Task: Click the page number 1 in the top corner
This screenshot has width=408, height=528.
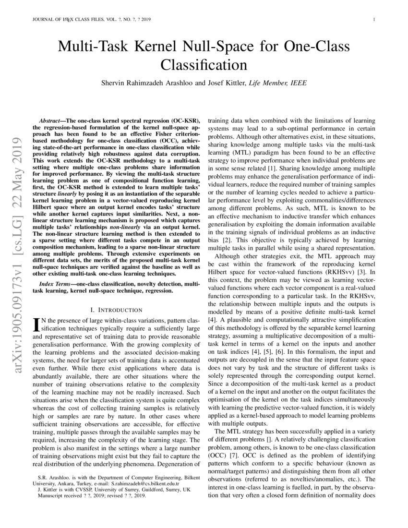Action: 373,20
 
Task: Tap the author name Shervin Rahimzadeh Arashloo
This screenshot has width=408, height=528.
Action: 155,83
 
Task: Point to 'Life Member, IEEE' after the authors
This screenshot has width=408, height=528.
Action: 276,83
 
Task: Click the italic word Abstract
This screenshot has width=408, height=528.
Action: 50,118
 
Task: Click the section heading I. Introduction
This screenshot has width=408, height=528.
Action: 116,310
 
